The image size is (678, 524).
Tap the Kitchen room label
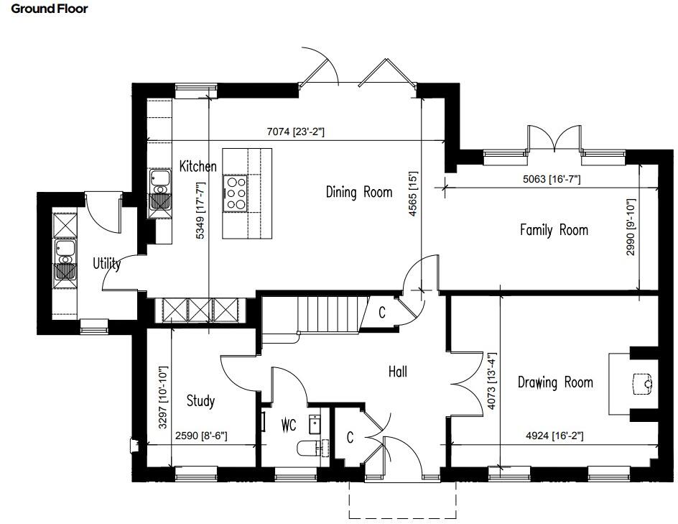click(x=198, y=167)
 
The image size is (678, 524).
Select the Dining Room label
click(x=359, y=192)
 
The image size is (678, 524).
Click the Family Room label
click(x=554, y=230)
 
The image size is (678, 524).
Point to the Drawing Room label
click(x=555, y=382)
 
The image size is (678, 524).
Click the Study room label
click(x=200, y=400)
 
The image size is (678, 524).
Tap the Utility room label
click(x=106, y=264)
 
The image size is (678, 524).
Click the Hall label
click(x=398, y=372)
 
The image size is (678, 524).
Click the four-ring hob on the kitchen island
click(x=235, y=193)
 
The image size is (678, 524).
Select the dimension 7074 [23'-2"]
click(x=296, y=132)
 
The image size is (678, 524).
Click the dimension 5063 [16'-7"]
click(x=551, y=179)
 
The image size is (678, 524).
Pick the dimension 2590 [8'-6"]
click(x=201, y=435)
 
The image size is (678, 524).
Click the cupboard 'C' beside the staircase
click(x=382, y=313)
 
